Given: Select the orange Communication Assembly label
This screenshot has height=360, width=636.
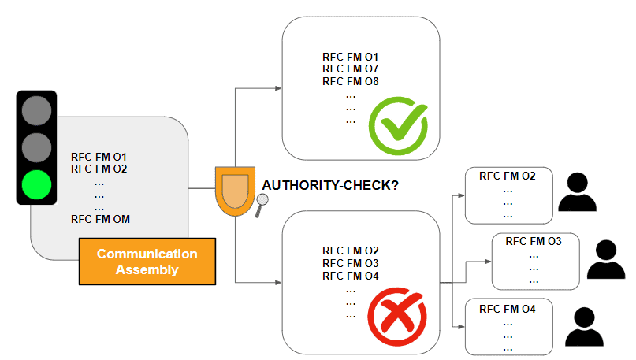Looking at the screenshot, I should (147, 262).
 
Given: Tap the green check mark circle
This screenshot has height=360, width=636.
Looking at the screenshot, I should (399, 124).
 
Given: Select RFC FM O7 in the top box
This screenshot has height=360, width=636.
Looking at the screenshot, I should (351, 69).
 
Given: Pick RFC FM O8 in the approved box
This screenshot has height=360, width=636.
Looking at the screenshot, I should (351, 81).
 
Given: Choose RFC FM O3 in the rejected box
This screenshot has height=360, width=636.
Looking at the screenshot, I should (351, 262).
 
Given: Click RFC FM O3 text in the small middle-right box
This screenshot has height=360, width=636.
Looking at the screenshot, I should (533, 241).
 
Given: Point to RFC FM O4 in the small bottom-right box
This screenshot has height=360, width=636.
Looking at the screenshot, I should (507, 310).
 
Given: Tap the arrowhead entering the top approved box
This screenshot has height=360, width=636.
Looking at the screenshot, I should (277, 87).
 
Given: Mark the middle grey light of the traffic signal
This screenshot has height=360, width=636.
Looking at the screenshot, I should (36, 147).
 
